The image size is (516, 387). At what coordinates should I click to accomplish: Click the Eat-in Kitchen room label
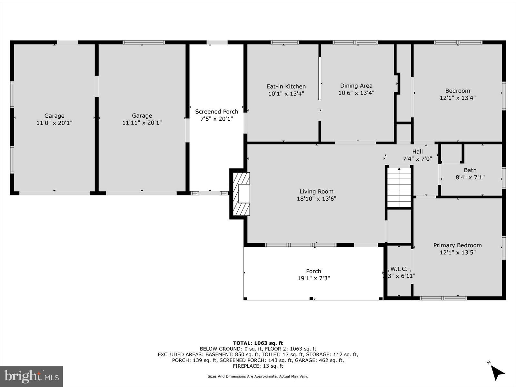(x=286, y=86)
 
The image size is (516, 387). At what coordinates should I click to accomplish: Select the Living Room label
(x=316, y=192)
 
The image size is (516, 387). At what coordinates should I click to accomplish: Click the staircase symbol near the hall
(x=399, y=187)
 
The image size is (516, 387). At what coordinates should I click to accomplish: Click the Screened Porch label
(x=216, y=112)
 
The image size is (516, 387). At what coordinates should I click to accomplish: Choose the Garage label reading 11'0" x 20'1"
(x=54, y=119)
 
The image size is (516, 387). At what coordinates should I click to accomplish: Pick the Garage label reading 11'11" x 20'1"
(x=142, y=119)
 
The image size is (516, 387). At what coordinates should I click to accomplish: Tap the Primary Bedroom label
(x=457, y=245)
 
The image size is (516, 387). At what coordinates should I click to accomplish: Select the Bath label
(x=470, y=170)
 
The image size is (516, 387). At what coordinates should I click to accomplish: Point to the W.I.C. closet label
(x=399, y=269)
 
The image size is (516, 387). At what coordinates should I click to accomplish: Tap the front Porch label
(x=313, y=271)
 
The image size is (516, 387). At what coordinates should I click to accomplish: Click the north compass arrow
(x=498, y=372)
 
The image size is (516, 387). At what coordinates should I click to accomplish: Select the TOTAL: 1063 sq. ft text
(x=258, y=343)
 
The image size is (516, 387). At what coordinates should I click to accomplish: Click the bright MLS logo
(x=32, y=376)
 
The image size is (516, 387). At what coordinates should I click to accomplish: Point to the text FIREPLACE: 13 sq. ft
(x=258, y=366)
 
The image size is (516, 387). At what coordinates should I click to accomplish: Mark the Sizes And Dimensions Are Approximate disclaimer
(x=258, y=376)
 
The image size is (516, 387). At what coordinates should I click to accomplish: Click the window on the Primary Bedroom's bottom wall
(x=443, y=298)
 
